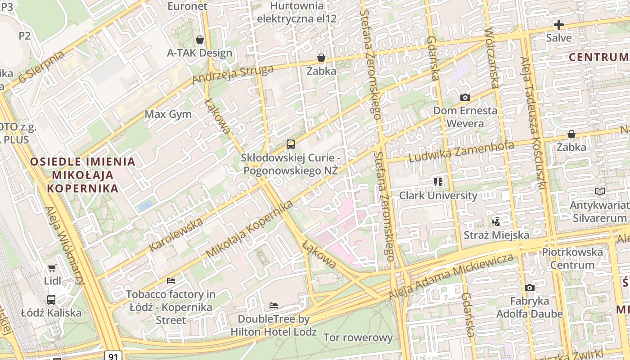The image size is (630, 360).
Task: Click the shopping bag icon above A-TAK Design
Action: [x=200, y=40]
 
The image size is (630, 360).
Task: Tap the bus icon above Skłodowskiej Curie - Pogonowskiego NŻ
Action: [x=291, y=144]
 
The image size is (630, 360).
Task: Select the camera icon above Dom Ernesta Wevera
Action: [x=465, y=97]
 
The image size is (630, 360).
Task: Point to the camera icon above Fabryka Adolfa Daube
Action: [x=529, y=288]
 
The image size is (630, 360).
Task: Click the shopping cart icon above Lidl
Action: [x=52, y=268]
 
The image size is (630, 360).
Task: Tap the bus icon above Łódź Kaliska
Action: [x=51, y=299]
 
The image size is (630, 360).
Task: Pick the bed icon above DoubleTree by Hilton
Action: [x=273, y=306]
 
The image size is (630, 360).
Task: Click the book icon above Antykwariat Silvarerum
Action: [x=599, y=191]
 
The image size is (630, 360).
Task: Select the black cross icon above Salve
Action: [x=559, y=25]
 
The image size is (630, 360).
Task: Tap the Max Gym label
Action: [x=168, y=114]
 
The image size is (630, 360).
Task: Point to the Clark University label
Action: [x=438, y=196]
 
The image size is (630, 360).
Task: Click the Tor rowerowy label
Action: [x=358, y=337]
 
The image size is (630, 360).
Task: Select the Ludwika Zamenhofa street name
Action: [x=461, y=152]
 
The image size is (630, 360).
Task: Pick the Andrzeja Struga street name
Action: [x=233, y=75]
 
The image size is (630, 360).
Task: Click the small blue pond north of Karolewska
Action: [x=145, y=206]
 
